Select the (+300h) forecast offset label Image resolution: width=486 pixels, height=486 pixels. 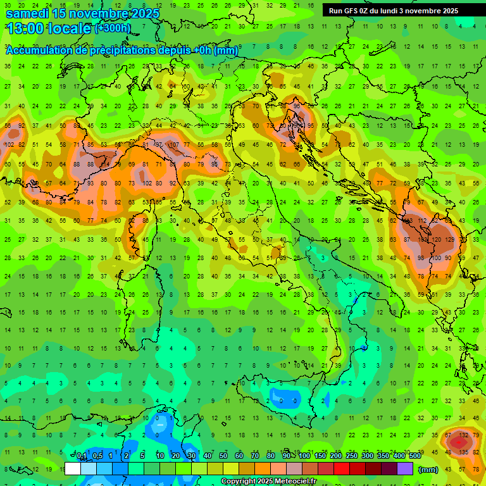[x=113, y=28]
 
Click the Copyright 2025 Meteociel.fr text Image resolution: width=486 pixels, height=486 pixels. [x=268, y=481]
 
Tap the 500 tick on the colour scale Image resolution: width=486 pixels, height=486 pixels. [x=415, y=456]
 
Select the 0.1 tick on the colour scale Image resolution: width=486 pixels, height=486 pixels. [x=82, y=456]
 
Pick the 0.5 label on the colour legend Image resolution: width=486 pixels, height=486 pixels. [x=97, y=456]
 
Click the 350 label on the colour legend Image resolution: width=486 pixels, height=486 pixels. [x=383, y=456]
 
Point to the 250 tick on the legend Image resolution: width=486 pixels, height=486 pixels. [x=352, y=456]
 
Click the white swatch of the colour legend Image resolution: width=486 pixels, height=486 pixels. [x=73, y=469]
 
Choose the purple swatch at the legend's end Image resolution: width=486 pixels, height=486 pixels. [x=405, y=469]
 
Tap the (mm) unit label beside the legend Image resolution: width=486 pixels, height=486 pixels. [x=428, y=470]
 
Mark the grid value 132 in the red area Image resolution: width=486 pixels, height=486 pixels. [x=464, y=435]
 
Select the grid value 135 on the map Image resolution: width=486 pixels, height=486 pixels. [x=464, y=452]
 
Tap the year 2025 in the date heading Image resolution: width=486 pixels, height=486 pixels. [x=142, y=13]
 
